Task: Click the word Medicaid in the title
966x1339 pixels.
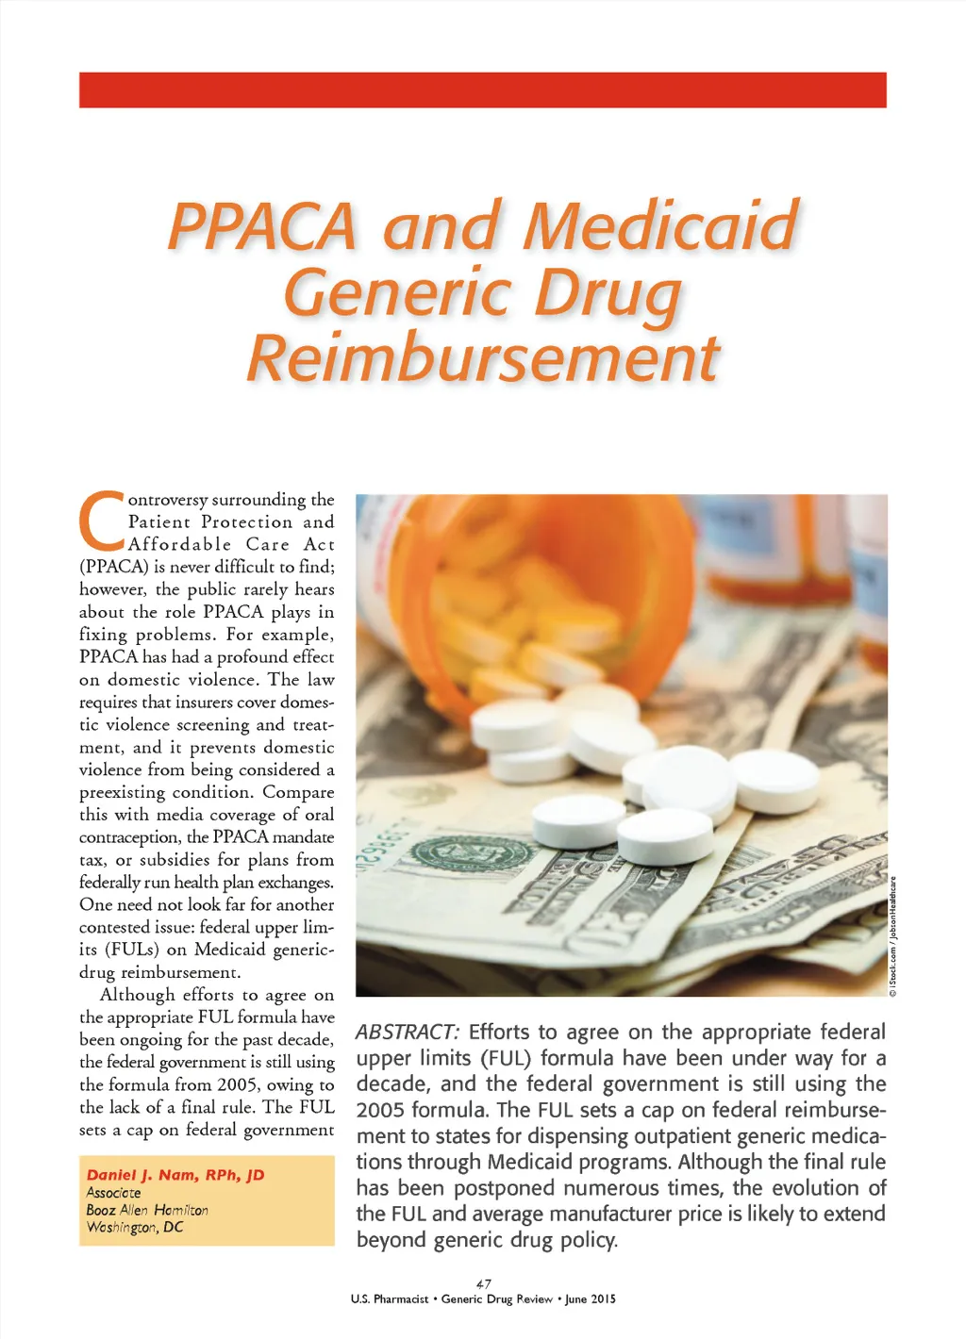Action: tap(660, 226)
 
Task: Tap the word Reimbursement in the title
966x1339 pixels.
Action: tap(483, 358)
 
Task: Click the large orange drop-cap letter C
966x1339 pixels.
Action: tap(101, 521)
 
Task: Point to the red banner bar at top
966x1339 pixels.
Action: tap(483, 90)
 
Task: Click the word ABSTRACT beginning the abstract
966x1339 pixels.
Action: tap(407, 1033)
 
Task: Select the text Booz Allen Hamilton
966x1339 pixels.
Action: tap(147, 1210)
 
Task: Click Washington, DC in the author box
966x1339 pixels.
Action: tap(135, 1228)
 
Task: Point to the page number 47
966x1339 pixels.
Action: tap(483, 1283)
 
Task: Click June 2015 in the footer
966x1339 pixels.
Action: tap(591, 1299)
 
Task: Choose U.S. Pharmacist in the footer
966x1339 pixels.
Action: tap(388, 1299)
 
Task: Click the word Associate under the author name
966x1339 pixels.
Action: tap(113, 1193)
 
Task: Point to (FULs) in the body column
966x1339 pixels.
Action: tap(131, 950)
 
